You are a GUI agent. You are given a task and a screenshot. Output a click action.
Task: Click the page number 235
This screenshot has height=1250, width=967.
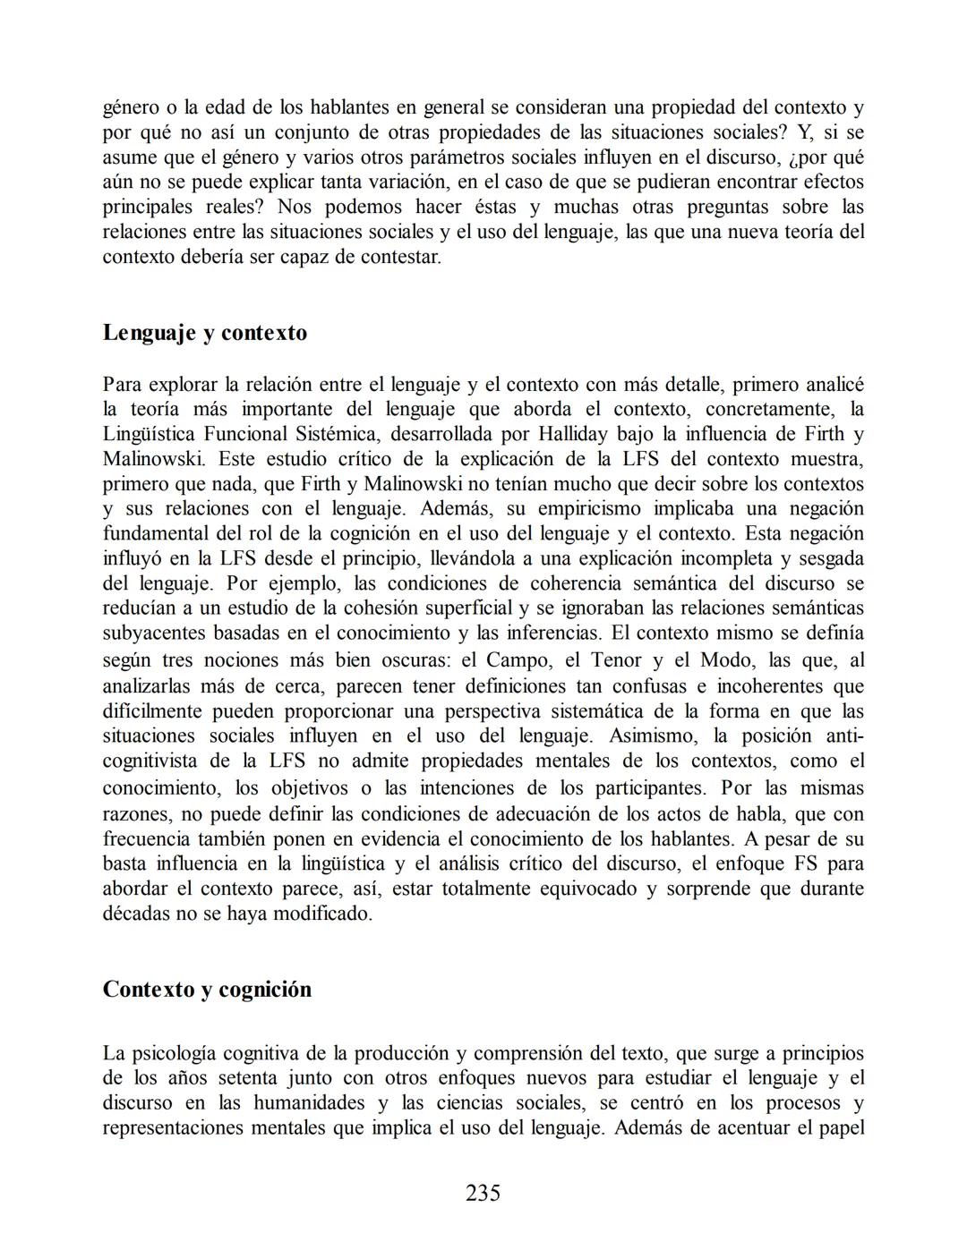[x=483, y=1193]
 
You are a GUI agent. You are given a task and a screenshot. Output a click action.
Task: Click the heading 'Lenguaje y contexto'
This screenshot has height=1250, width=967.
[x=205, y=333]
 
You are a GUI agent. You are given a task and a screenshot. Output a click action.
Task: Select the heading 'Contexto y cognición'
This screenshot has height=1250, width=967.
[x=207, y=990]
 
